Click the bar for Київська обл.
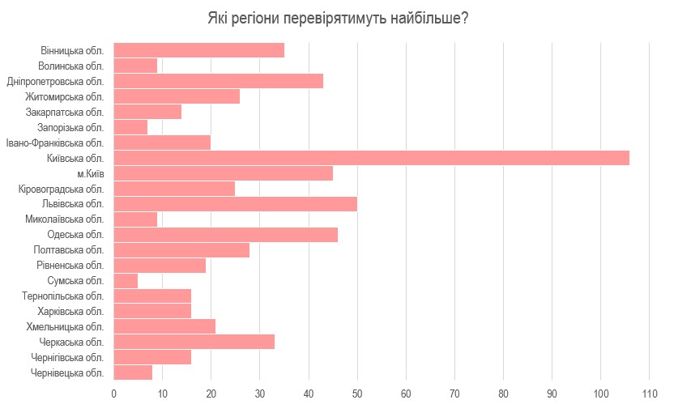[x=371, y=158]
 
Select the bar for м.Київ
[x=223, y=173]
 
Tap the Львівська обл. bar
[x=235, y=204]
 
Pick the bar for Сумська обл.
[x=126, y=281]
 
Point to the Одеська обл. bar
[x=225, y=235]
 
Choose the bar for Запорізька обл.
[x=130, y=127]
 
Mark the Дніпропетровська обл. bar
[x=218, y=81]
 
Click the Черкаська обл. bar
[x=194, y=342]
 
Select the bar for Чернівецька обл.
[x=133, y=372]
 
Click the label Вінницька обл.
[x=72, y=50]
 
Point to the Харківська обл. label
[x=70, y=312]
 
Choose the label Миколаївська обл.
[x=64, y=219]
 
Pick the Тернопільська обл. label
[x=63, y=296]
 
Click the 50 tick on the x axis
[x=357, y=394]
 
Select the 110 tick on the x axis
[x=649, y=394]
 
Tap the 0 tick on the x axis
[x=113, y=394]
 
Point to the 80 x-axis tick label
[x=503, y=394]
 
